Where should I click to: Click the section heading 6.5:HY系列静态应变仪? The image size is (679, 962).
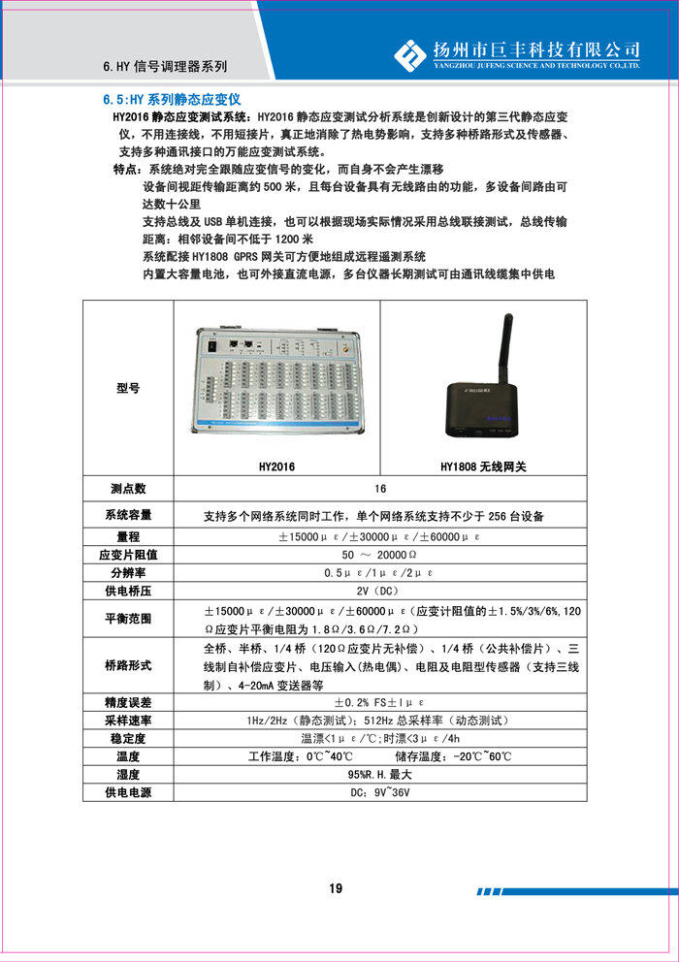tap(171, 99)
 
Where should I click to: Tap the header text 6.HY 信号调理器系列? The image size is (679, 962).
tap(165, 68)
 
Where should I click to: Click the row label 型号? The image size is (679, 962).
tap(128, 388)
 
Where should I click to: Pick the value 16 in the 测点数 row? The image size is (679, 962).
tap(379, 490)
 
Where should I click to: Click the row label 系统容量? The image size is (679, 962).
tap(128, 515)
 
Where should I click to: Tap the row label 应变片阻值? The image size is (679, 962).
tap(128, 555)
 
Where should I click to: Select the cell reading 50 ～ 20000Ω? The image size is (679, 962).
tap(379, 555)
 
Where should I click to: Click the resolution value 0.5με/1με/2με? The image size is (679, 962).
tap(379, 573)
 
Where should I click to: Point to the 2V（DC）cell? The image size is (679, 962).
tap(379, 591)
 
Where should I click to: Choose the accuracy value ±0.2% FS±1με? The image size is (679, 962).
tap(379, 702)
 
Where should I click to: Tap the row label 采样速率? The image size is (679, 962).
tap(128, 721)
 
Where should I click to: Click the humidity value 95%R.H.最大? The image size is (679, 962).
tap(379, 775)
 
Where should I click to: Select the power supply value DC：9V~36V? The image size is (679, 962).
tap(379, 793)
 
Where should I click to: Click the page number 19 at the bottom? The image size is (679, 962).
tap(337, 888)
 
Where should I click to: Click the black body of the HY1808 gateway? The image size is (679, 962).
tap(482, 407)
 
